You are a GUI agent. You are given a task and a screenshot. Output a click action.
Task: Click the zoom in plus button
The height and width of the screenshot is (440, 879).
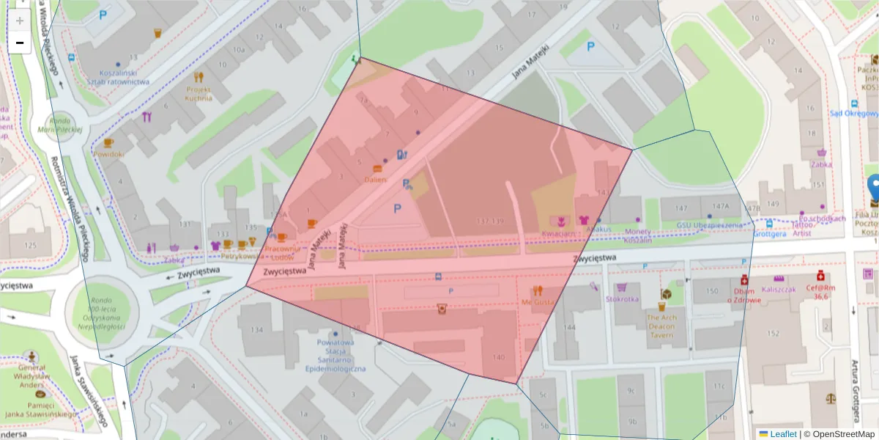pyautogui.click(x=20, y=21)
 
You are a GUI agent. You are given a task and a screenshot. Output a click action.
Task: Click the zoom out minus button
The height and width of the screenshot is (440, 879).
pyautogui.click(x=20, y=43)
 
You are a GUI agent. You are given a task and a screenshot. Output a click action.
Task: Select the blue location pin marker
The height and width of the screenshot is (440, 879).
pyautogui.click(x=873, y=189)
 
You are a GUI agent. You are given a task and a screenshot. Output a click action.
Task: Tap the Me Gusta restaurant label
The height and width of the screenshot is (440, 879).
pyautogui.click(x=538, y=301)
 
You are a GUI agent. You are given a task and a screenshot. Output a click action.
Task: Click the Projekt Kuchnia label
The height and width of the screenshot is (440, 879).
pyautogui.click(x=198, y=93)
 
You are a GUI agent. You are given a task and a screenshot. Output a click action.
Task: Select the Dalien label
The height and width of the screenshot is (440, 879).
pyautogui.click(x=375, y=179)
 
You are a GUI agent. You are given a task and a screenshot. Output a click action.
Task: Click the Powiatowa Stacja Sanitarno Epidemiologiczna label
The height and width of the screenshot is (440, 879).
pyautogui.click(x=335, y=355)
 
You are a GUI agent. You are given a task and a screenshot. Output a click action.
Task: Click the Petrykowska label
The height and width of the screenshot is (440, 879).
pyautogui.click(x=242, y=257)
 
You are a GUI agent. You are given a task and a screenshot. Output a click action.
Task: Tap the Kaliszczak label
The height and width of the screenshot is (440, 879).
pyautogui.click(x=778, y=290)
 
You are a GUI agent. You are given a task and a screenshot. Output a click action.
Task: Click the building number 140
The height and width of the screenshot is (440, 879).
pyautogui.click(x=499, y=357)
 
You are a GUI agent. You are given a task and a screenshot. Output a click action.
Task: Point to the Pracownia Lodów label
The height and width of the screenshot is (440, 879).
pyautogui.click(x=282, y=253)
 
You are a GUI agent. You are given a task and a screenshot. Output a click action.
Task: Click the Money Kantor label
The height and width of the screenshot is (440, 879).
pyautogui.click(x=637, y=235)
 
